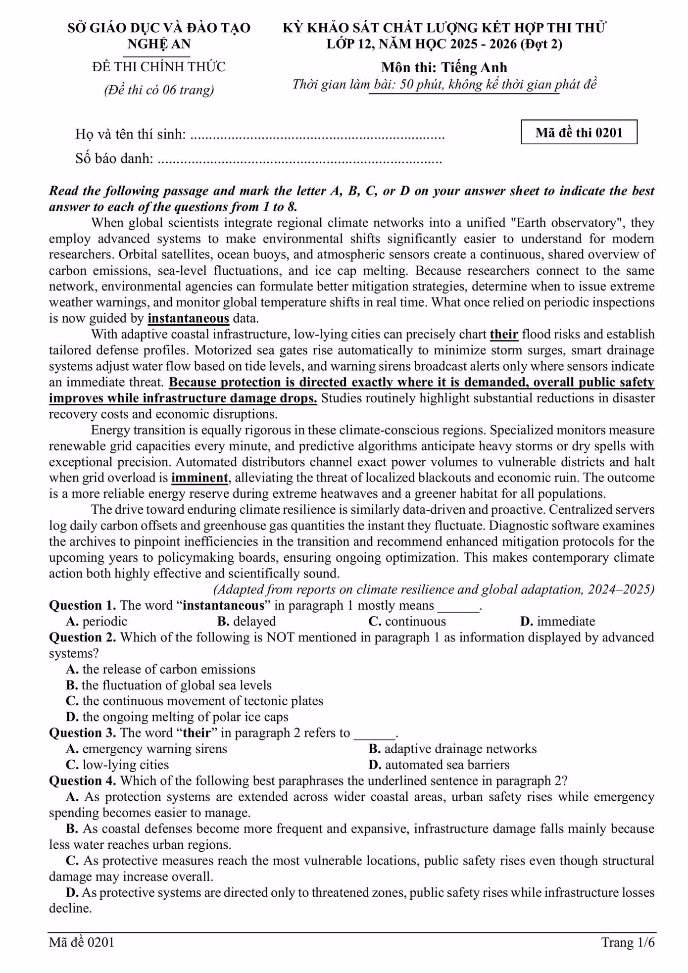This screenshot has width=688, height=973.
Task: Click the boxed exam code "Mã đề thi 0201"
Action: [x=579, y=132]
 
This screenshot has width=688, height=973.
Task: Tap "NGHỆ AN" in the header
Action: [x=159, y=44]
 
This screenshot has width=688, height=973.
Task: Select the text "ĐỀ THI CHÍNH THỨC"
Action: [x=159, y=67]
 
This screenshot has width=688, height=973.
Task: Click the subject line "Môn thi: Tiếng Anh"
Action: [x=444, y=67]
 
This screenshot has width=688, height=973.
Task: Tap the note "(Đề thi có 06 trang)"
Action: [x=159, y=90]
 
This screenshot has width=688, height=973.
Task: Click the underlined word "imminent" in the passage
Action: [x=199, y=478]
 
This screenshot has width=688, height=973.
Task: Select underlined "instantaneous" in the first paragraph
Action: [x=188, y=318]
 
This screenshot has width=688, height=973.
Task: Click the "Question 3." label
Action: [x=82, y=733]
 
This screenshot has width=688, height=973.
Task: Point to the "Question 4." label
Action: [x=82, y=781]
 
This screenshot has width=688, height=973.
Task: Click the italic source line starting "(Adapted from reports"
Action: [x=434, y=589]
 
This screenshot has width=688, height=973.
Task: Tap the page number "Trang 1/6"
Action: [x=628, y=942]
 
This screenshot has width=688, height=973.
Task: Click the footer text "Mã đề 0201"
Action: [x=82, y=942]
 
